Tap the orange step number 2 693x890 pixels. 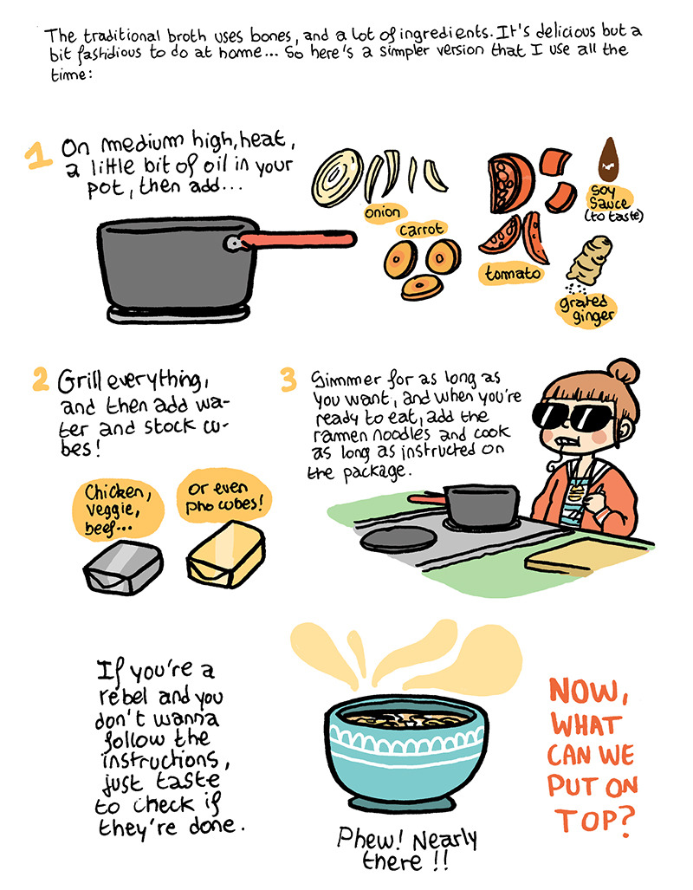(41, 379)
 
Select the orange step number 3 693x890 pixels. (288, 380)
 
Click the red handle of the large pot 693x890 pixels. (297, 239)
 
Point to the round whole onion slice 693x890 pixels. (337, 177)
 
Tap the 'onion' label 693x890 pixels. (383, 212)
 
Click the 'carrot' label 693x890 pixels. (422, 230)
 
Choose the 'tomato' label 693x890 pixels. (512, 274)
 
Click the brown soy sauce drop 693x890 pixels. (609, 159)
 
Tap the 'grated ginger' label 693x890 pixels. (586, 309)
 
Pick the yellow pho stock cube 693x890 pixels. (226, 554)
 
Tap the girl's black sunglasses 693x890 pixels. (573, 414)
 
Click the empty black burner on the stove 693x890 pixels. (399, 539)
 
